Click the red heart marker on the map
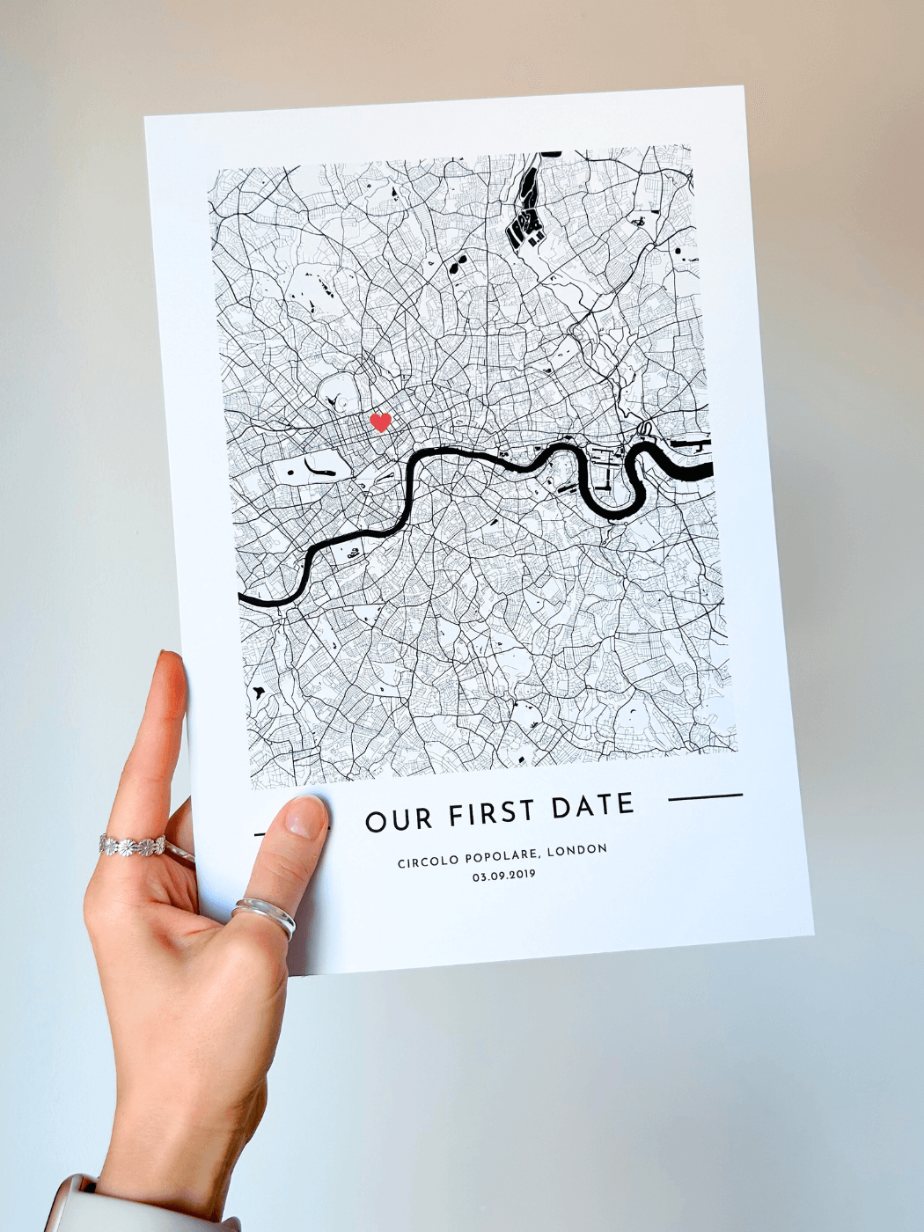(x=380, y=422)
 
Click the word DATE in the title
(x=593, y=806)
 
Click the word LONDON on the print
(x=576, y=849)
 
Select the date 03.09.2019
(x=503, y=875)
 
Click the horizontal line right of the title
(x=705, y=796)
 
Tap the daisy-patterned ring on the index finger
(x=132, y=846)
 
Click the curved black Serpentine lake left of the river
(x=316, y=467)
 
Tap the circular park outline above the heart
(x=339, y=392)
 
